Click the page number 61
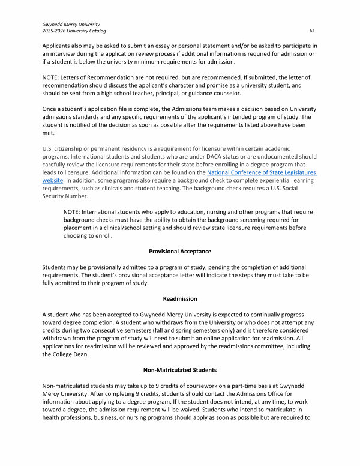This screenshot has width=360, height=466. click(313, 31)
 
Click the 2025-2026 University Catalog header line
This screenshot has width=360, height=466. click(74, 31)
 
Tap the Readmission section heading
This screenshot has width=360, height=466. click(180, 298)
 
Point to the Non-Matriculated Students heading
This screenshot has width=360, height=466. click(180, 370)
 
